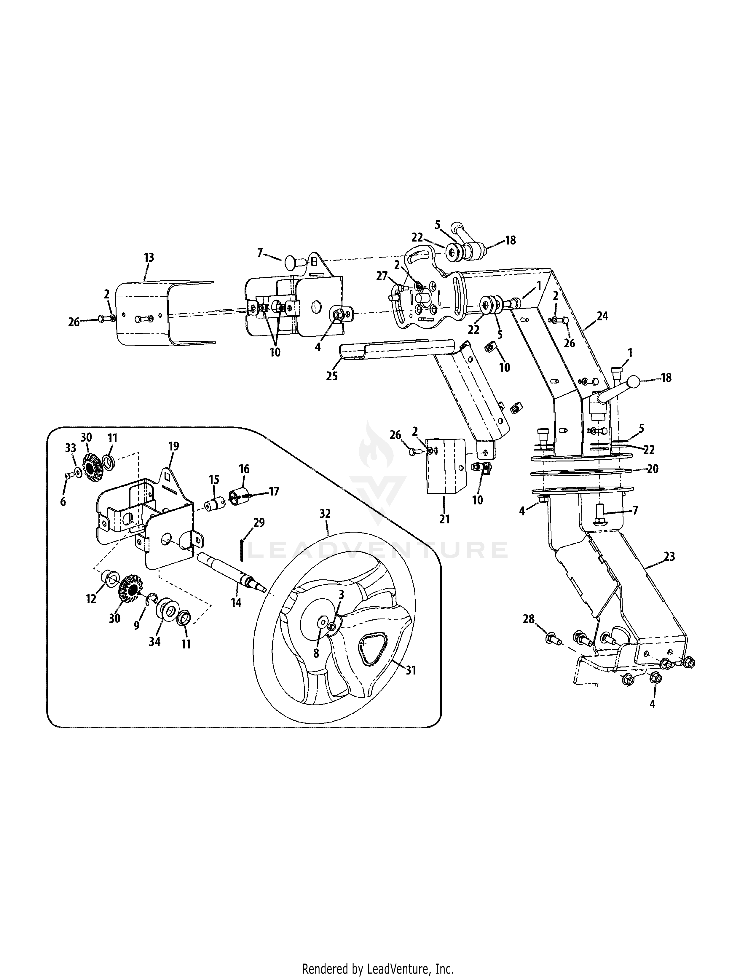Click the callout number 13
(149, 258)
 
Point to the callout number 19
(173, 446)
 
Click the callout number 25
(331, 376)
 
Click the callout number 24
(602, 316)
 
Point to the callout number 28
(529, 619)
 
